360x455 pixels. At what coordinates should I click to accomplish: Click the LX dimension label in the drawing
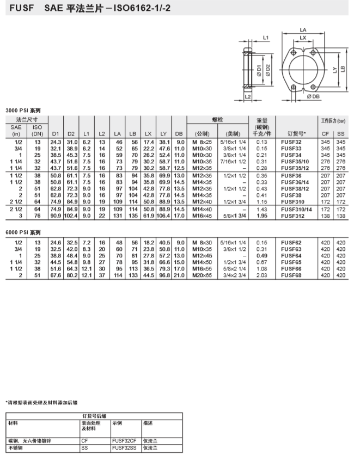tap(303, 38)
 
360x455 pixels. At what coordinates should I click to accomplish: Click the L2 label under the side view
tap(248, 96)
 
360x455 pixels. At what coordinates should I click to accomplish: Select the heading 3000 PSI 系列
tap(22, 110)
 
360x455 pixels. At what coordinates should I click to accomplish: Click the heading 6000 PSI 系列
tap(22, 231)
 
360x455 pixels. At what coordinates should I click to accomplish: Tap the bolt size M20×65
tap(202, 276)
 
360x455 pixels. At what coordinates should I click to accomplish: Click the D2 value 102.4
tap(71, 217)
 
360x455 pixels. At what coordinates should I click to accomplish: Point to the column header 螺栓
tap(217, 119)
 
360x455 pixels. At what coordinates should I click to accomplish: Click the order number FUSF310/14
tap(295, 210)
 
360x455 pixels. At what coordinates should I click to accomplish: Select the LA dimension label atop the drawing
tap(303, 30)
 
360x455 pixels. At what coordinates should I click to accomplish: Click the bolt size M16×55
tap(202, 269)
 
